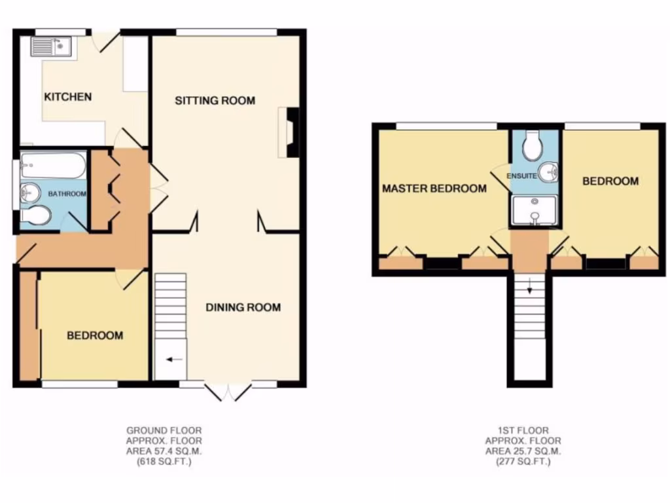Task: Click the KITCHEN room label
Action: click(67, 97)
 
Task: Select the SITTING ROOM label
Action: click(215, 100)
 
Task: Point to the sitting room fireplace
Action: click(291, 133)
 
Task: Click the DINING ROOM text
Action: click(243, 307)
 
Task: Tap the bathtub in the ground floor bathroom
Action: click(52, 166)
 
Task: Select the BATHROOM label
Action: click(69, 194)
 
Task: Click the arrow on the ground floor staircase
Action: click(173, 359)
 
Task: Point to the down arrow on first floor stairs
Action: click(530, 286)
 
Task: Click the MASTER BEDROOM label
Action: click(434, 189)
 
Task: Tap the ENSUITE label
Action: click(525, 176)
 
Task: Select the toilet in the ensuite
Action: click(534, 146)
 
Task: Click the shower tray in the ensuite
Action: click(535, 211)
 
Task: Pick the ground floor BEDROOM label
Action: click(95, 335)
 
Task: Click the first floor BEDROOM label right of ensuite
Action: click(610, 181)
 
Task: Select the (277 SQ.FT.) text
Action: click(523, 462)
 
